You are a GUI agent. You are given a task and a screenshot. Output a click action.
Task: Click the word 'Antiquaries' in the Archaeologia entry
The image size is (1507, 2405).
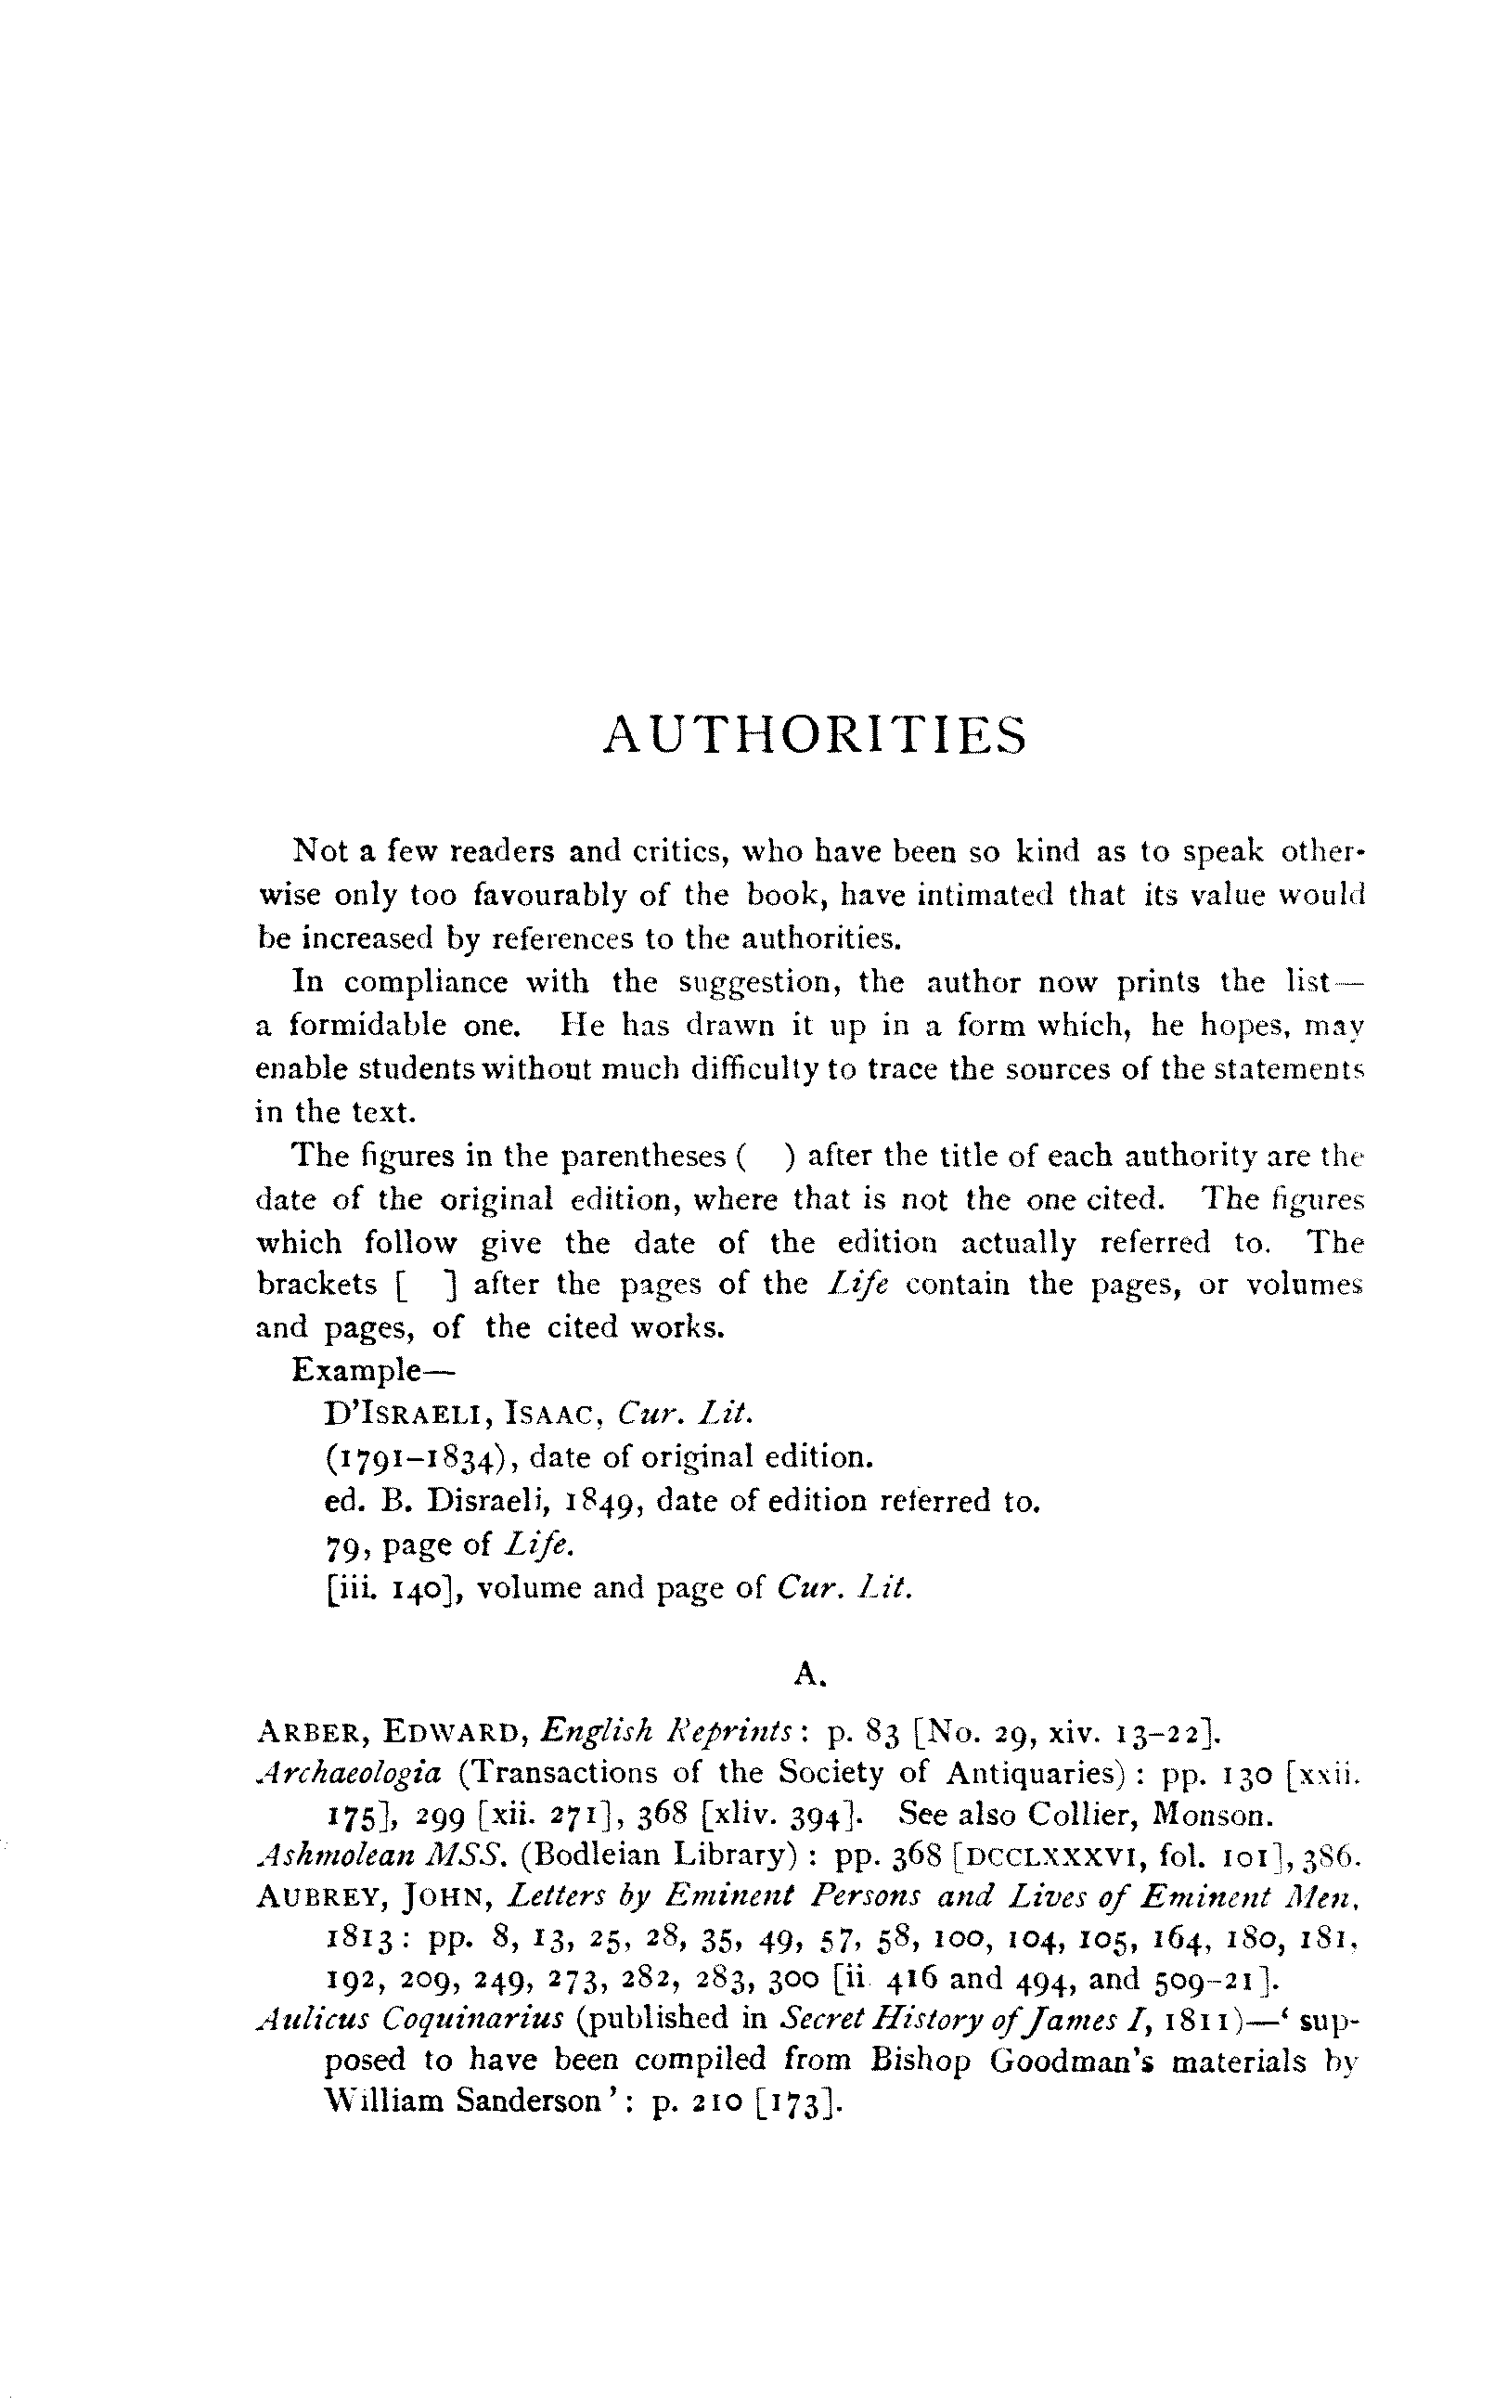(1027, 1773)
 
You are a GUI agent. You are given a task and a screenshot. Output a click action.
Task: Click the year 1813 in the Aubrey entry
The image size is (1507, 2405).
(363, 1940)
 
